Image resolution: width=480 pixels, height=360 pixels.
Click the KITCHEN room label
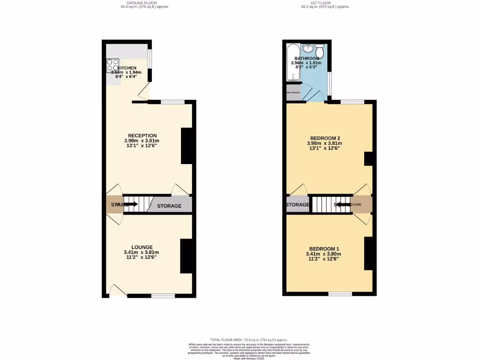coord(127,68)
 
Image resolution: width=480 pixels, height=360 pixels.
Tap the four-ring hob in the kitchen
coord(112,65)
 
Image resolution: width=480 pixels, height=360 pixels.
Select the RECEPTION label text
coord(142,135)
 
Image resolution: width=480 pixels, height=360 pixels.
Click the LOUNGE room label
coord(142,247)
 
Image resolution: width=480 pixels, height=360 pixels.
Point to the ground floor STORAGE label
coord(169,206)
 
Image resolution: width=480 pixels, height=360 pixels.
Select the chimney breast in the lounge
coord(187,256)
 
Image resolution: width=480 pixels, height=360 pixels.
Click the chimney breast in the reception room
coord(187,146)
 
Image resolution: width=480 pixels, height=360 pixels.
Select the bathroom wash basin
coord(309,48)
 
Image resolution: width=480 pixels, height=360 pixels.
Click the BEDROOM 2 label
coord(324,138)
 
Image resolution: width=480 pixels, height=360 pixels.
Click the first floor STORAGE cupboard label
coord(298,205)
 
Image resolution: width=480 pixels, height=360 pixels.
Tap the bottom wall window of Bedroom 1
coord(340,294)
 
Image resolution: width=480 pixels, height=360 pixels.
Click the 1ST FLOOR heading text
coord(325,3)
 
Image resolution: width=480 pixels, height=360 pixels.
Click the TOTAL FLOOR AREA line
coord(248,339)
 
